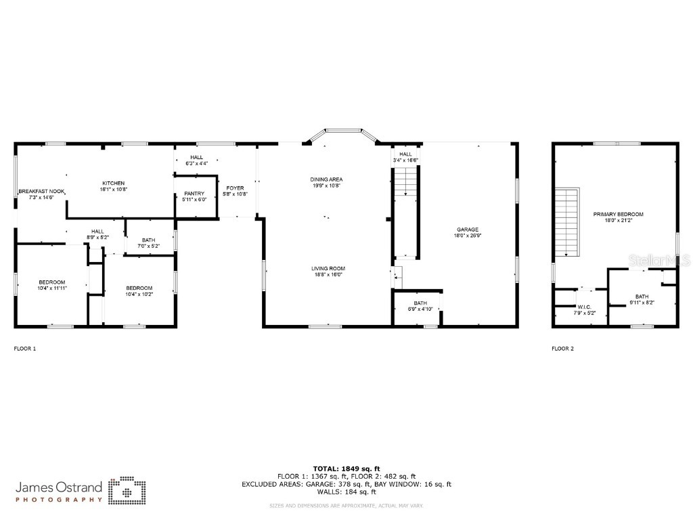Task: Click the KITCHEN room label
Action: pyautogui.click(x=114, y=183)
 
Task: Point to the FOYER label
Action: pyautogui.click(x=236, y=188)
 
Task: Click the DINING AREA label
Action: pyautogui.click(x=327, y=179)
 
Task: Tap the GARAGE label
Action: pyautogui.click(x=468, y=230)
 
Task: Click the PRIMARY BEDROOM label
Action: pyautogui.click(x=618, y=214)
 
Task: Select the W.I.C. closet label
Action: pyautogui.click(x=584, y=307)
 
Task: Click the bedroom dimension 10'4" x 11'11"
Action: pyautogui.click(x=52, y=288)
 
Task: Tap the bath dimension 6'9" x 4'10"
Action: pyautogui.click(x=420, y=309)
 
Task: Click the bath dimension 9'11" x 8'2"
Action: pyautogui.click(x=642, y=303)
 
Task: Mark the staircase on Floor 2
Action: pyautogui.click(x=567, y=221)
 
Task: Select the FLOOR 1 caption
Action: pyautogui.click(x=25, y=349)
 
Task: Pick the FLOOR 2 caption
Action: pyautogui.click(x=562, y=349)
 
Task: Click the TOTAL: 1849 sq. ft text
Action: pyautogui.click(x=346, y=469)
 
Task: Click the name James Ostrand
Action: pyautogui.click(x=58, y=487)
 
